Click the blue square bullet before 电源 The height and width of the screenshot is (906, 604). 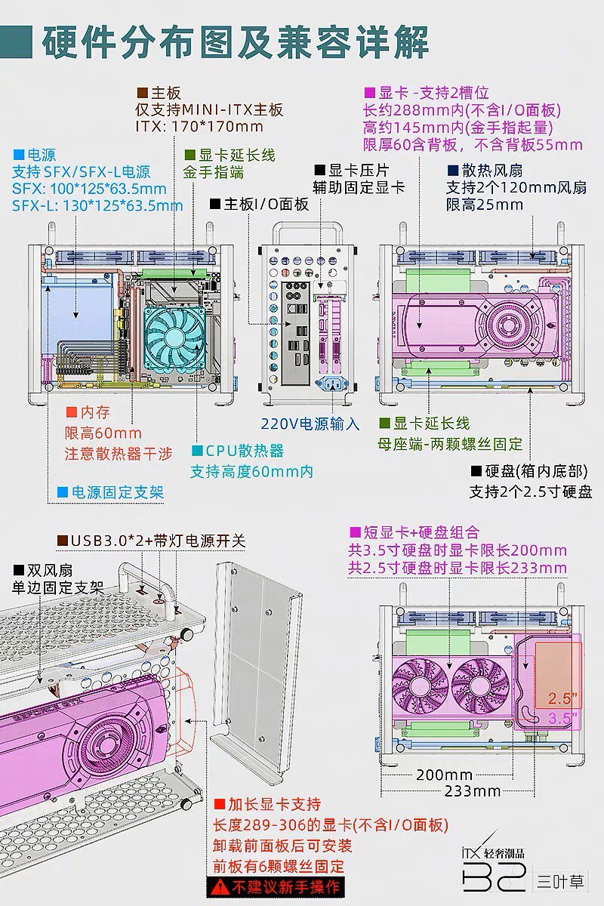(17, 151)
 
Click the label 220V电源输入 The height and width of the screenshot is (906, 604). (310, 424)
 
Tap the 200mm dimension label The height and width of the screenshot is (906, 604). (444, 775)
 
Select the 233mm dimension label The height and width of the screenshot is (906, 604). (472, 791)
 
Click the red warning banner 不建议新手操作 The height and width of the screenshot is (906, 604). (276, 886)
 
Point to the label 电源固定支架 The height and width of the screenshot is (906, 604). (117, 493)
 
